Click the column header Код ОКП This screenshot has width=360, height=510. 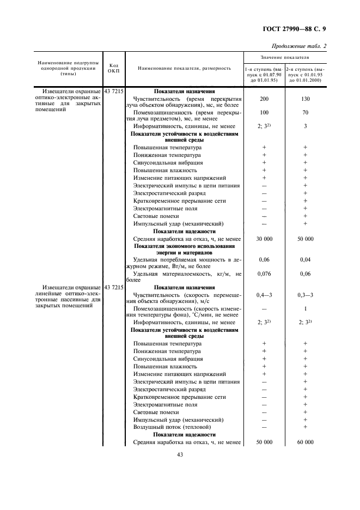click(x=114, y=68)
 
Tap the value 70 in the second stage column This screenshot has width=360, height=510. click(x=306, y=113)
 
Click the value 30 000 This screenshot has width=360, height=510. click(x=264, y=239)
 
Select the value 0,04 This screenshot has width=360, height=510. click(x=306, y=260)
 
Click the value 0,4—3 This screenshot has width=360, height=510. click(x=264, y=295)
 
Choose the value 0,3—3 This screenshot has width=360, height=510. click(x=306, y=295)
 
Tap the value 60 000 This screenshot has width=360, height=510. click(x=306, y=442)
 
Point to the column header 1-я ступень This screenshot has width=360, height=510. click(x=264, y=70)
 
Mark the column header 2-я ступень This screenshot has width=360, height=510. click(x=306, y=70)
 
